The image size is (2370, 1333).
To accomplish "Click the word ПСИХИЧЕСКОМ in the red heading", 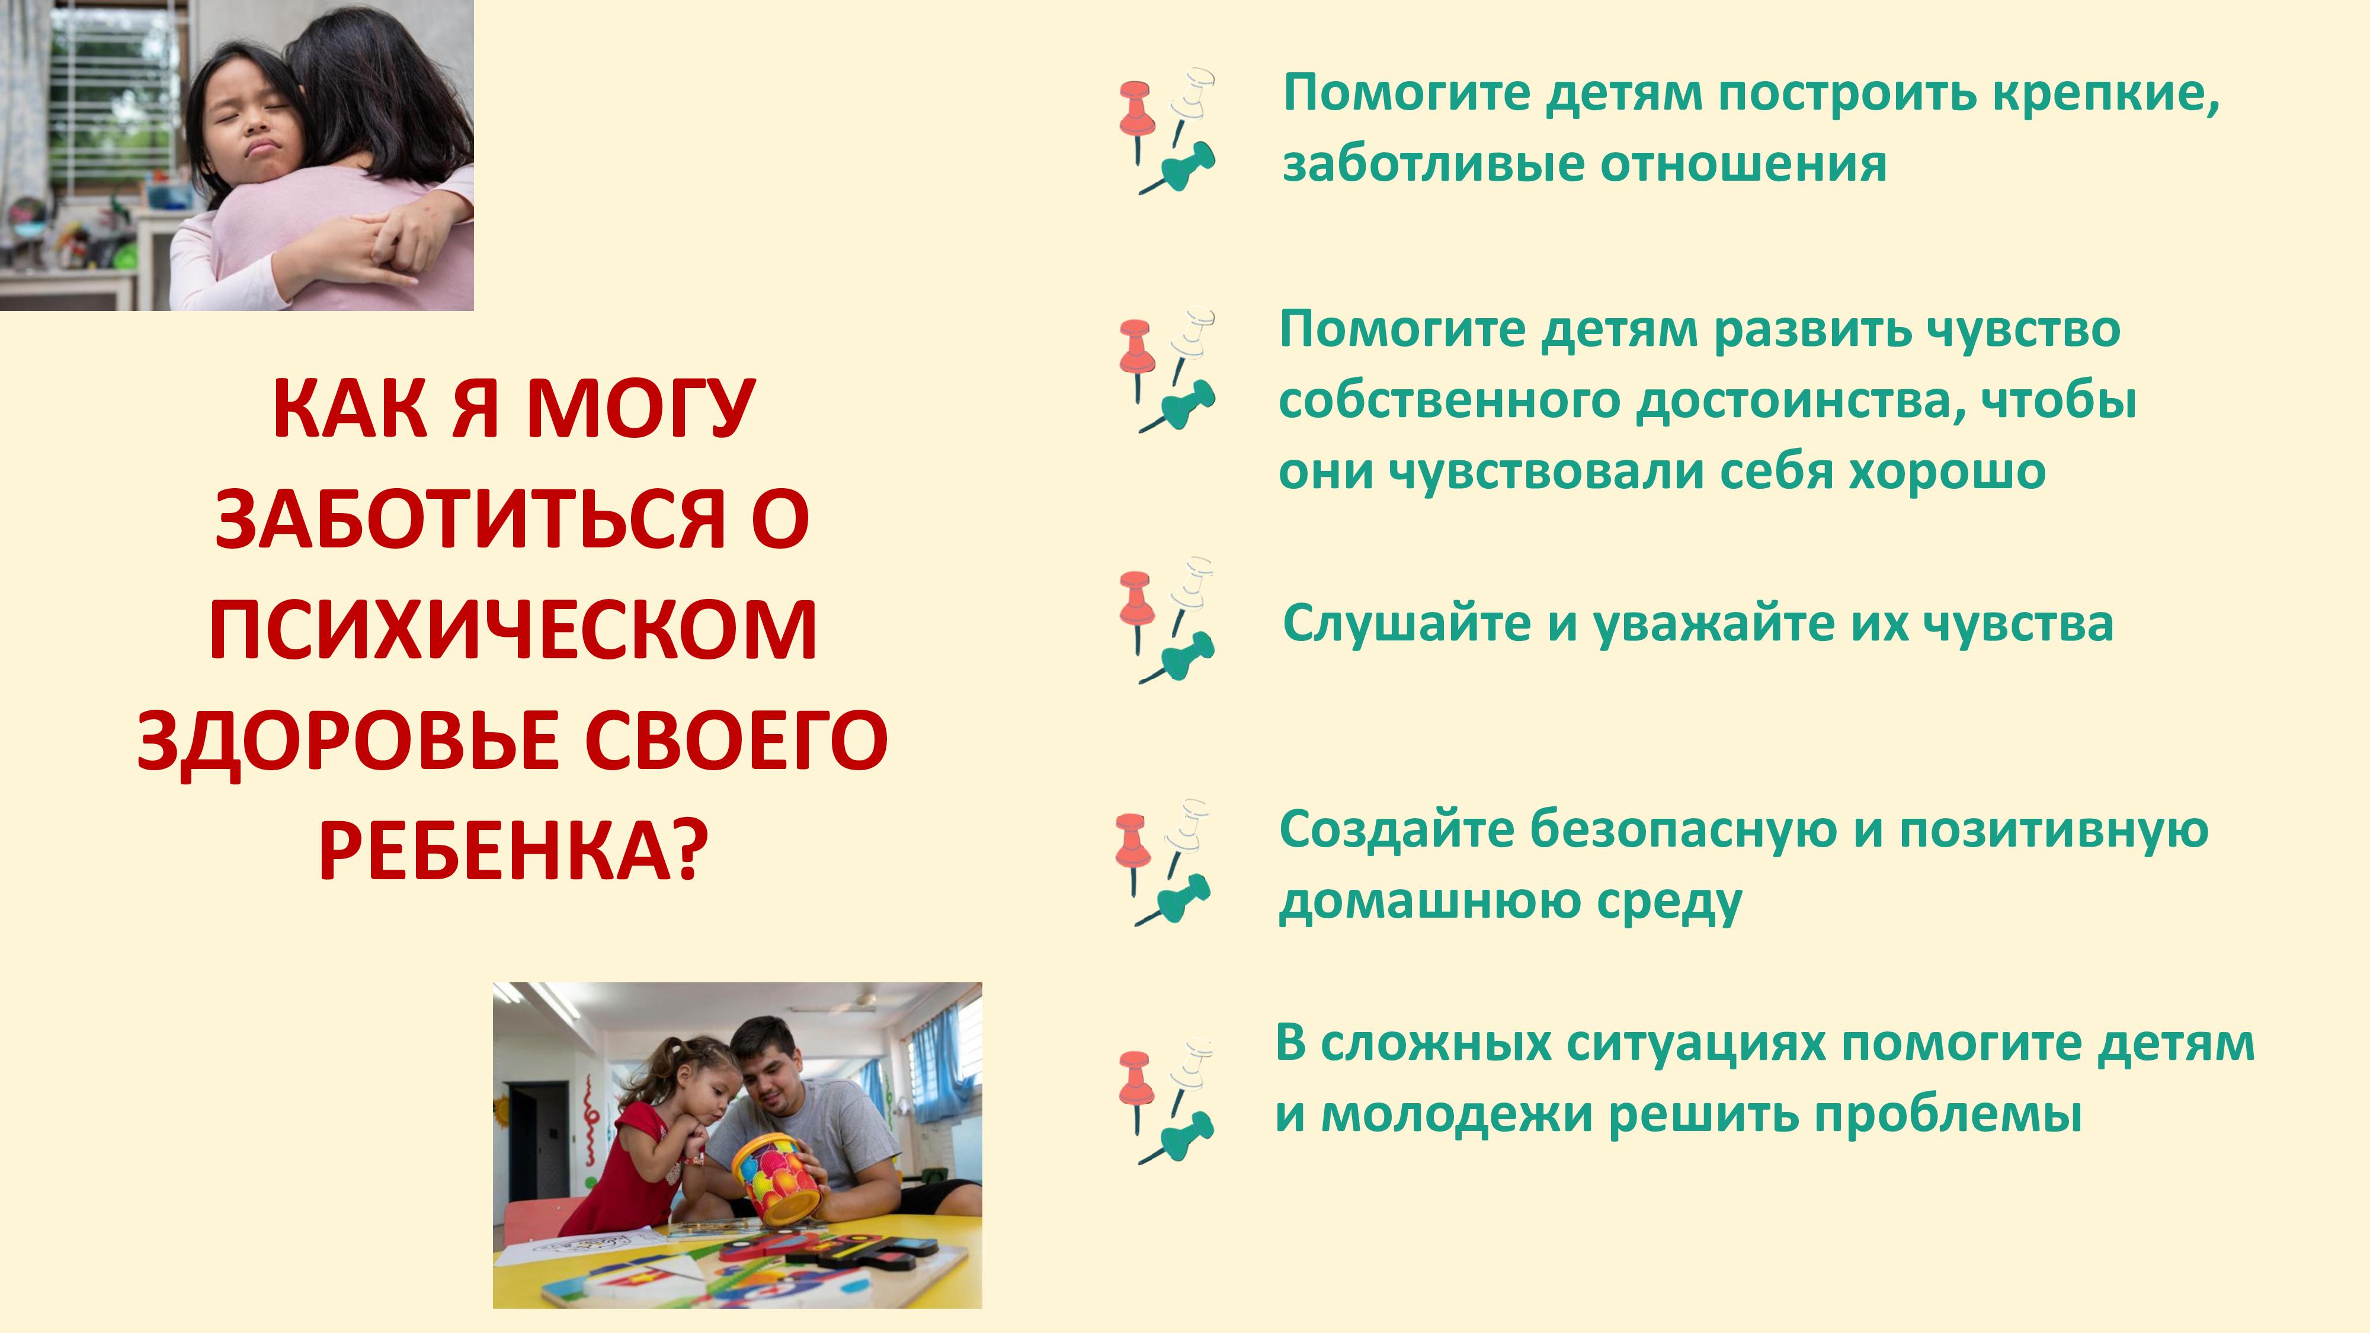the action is (x=513, y=630).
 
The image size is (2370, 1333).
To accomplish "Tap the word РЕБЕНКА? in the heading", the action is (x=513, y=851).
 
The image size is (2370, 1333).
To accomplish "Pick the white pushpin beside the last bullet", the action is (x=1190, y=1071).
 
